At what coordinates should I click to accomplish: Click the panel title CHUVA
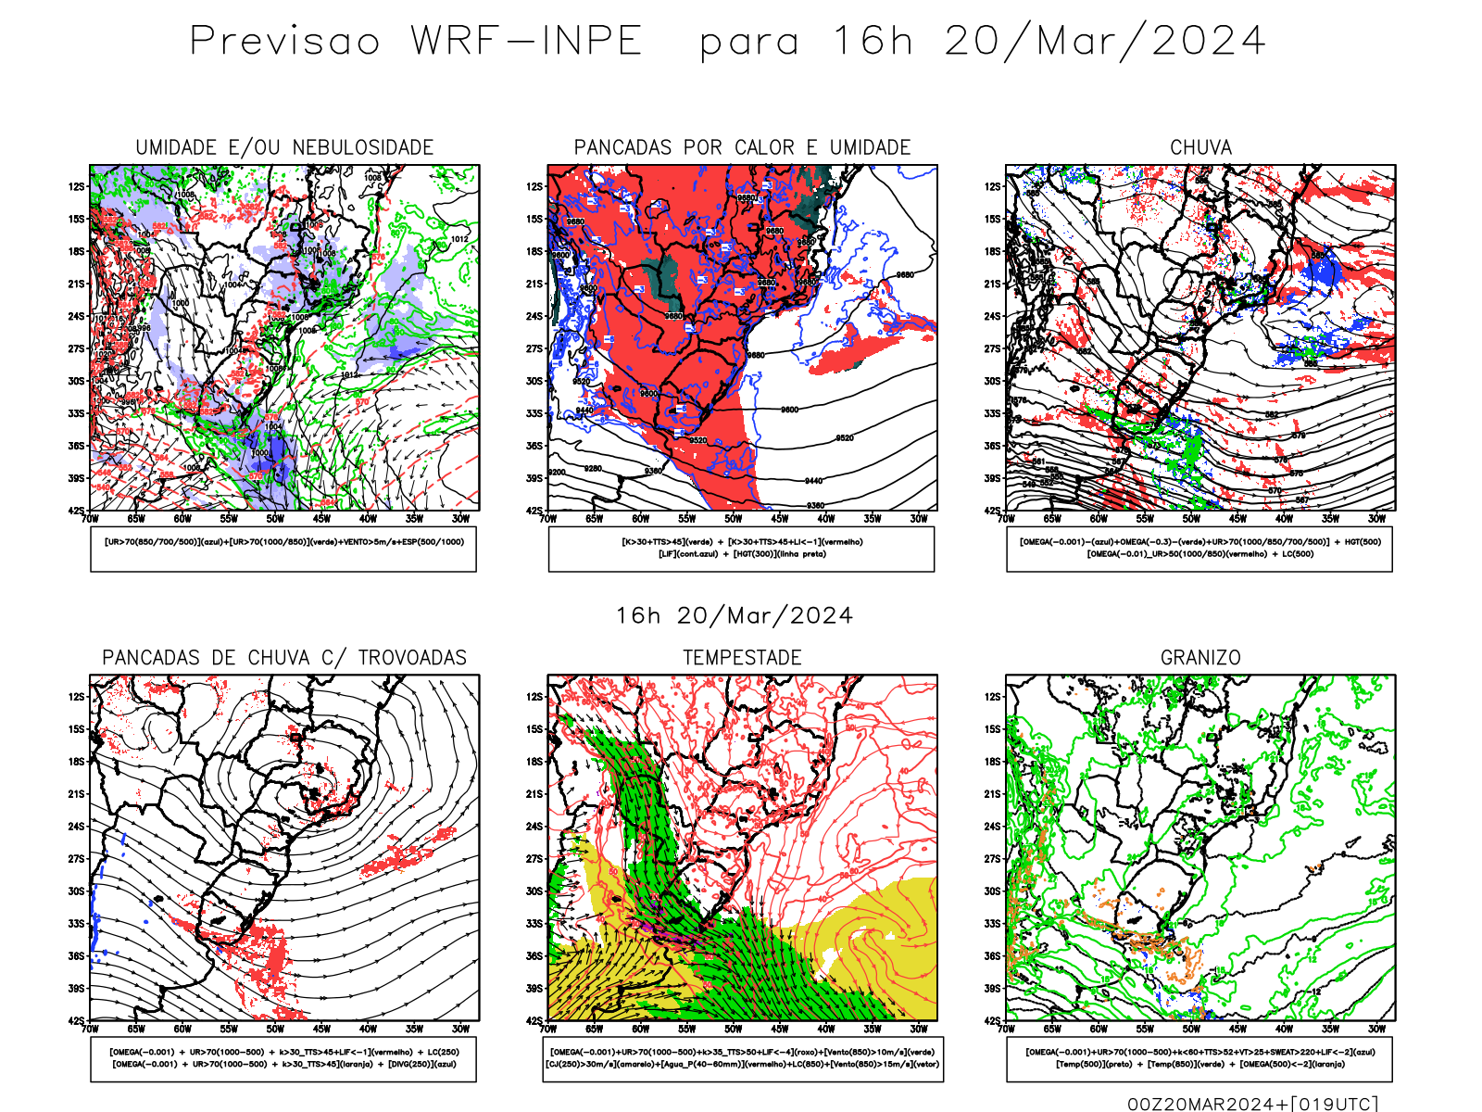click(x=1200, y=147)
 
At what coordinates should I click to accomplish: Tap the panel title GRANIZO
click(x=1200, y=658)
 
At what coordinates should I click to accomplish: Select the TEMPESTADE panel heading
click(x=742, y=658)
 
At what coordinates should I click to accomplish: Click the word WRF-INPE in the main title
click(x=526, y=42)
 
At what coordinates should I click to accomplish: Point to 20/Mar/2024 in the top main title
click(x=1104, y=42)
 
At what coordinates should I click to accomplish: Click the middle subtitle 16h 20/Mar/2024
click(x=735, y=616)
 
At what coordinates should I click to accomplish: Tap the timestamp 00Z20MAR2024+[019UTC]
click(x=1252, y=1104)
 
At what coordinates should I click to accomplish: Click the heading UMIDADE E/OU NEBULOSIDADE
click(x=284, y=147)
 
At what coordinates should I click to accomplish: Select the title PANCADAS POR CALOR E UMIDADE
click(x=742, y=147)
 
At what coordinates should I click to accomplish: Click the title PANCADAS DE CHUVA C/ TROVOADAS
click(x=284, y=658)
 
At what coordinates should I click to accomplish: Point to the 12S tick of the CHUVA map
click(x=993, y=186)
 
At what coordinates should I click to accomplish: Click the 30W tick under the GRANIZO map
click(x=1376, y=1029)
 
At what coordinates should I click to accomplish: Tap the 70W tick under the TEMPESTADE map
click(x=548, y=1029)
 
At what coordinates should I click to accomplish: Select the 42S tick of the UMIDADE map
click(x=76, y=511)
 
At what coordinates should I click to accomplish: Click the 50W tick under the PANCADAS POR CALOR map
click(x=733, y=519)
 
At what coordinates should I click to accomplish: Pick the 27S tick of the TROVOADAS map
click(x=76, y=859)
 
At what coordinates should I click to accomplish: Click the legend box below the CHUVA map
click(x=1199, y=549)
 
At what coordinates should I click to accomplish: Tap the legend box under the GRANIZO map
click(x=1199, y=1058)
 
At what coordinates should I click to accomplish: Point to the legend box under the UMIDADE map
click(x=283, y=549)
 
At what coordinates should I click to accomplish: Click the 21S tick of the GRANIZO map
click(x=993, y=794)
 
